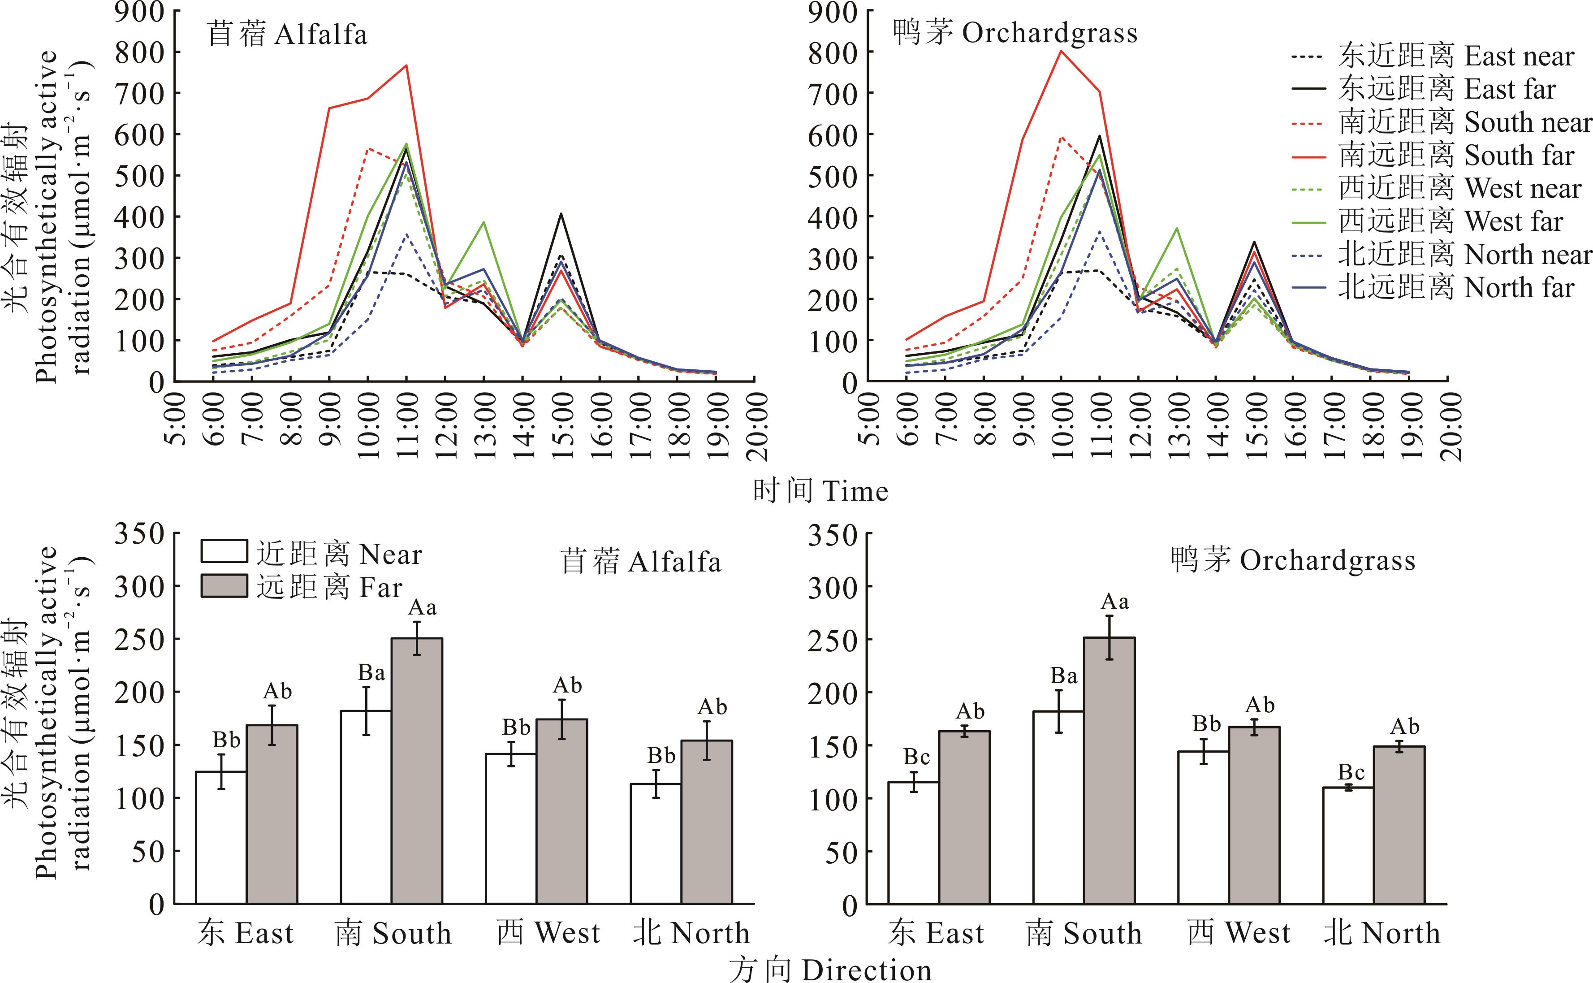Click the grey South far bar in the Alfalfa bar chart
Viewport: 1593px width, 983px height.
coord(417,771)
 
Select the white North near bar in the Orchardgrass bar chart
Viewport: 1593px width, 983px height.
coord(1348,845)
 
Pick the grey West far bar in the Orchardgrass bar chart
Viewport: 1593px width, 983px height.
coord(1254,815)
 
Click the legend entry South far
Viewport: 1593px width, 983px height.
coord(1456,156)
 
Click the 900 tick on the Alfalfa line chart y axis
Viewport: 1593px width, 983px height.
coord(140,12)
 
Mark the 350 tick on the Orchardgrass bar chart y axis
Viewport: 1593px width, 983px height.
coord(833,534)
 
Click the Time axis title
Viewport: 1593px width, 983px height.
coord(820,491)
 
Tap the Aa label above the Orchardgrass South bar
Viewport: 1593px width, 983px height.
coord(1114,602)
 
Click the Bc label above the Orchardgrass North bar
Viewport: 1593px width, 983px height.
coord(1351,772)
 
